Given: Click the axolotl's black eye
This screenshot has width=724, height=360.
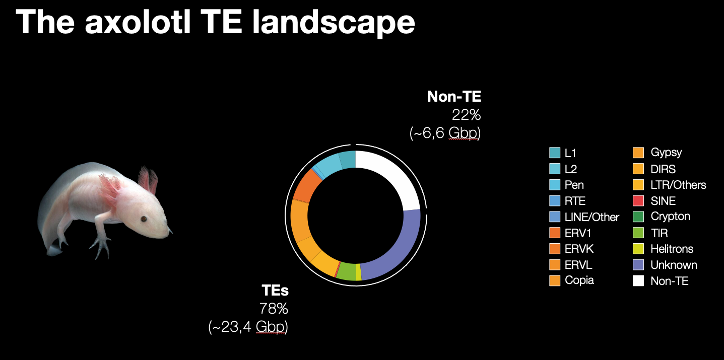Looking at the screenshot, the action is tap(144, 219).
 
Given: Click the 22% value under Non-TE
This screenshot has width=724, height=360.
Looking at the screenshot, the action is tap(466, 115).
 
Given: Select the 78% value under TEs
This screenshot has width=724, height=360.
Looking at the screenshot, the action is tap(274, 309).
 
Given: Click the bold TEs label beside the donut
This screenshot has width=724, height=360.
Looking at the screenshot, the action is tap(275, 290).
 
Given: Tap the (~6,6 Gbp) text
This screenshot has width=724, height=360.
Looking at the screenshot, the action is tap(445, 133).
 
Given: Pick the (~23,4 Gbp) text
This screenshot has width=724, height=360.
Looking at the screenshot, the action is tap(248, 327).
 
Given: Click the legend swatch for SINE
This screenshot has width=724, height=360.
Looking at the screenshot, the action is tap(638, 201).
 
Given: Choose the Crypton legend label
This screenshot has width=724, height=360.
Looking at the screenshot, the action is tap(671, 217).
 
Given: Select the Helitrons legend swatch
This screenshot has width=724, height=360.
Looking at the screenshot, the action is tap(638, 249).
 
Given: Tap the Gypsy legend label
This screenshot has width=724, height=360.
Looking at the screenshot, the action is tap(666, 153).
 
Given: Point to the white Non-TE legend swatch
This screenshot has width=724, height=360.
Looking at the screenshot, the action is tap(638, 281).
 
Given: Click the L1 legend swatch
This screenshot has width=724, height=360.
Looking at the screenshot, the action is tap(555, 153).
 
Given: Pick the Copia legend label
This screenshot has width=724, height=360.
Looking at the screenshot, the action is tap(579, 280).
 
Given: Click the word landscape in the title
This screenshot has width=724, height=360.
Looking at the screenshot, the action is tap(334, 23).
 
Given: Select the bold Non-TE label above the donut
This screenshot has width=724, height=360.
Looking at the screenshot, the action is tap(454, 96).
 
